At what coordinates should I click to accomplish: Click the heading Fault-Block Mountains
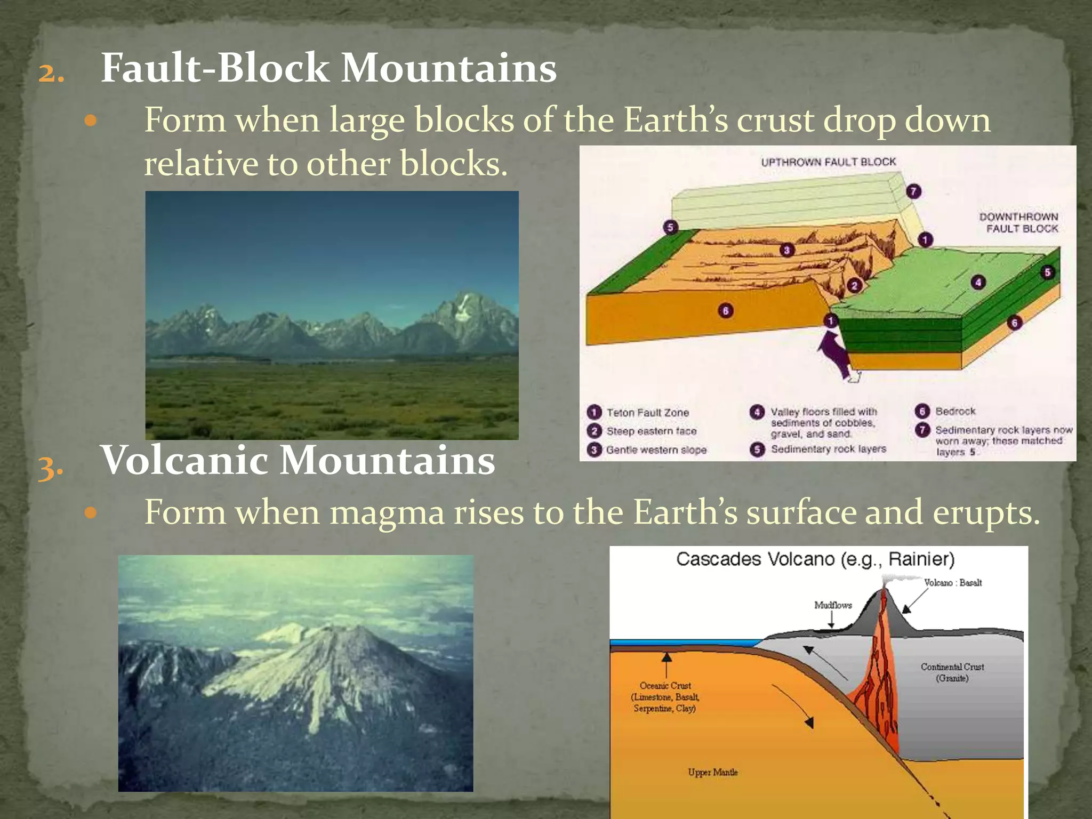pyautogui.click(x=328, y=68)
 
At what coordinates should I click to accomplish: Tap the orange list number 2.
pyautogui.click(x=51, y=73)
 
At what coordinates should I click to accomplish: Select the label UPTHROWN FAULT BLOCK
pyautogui.click(x=828, y=162)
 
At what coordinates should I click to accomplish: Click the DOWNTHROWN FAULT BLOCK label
pyautogui.click(x=1018, y=223)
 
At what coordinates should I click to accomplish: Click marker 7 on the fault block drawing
pyautogui.click(x=913, y=191)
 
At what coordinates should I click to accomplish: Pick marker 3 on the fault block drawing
pyautogui.click(x=786, y=250)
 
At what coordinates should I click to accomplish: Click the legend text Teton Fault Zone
pyautogui.click(x=647, y=413)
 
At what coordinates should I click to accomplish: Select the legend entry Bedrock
pyautogui.click(x=955, y=412)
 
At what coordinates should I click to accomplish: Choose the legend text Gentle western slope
pyautogui.click(x=656, y=450)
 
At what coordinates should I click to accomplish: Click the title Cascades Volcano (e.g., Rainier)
pyautogui.click(x=815, y=559)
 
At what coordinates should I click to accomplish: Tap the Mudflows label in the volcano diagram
pyautogui.click(x=833, y=605)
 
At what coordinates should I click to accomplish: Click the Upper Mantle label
pyautogui.click(x=712, y=772)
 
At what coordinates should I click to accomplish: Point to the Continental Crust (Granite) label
pyautogui.click(x=952, y=672)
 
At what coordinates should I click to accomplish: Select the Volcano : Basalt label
pyautogui.click(x=953, y=583)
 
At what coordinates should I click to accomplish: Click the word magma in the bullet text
pyautogui.click(x=387, y=513)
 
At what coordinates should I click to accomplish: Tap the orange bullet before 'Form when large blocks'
pyautogui.click(x=91, y=121)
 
